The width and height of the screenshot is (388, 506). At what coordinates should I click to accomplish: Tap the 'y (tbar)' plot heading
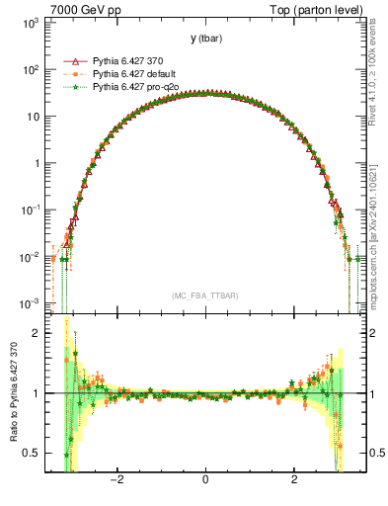tap(204, 39)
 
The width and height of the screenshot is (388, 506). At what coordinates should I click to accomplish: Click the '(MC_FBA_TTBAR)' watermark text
tap(204, 295)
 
